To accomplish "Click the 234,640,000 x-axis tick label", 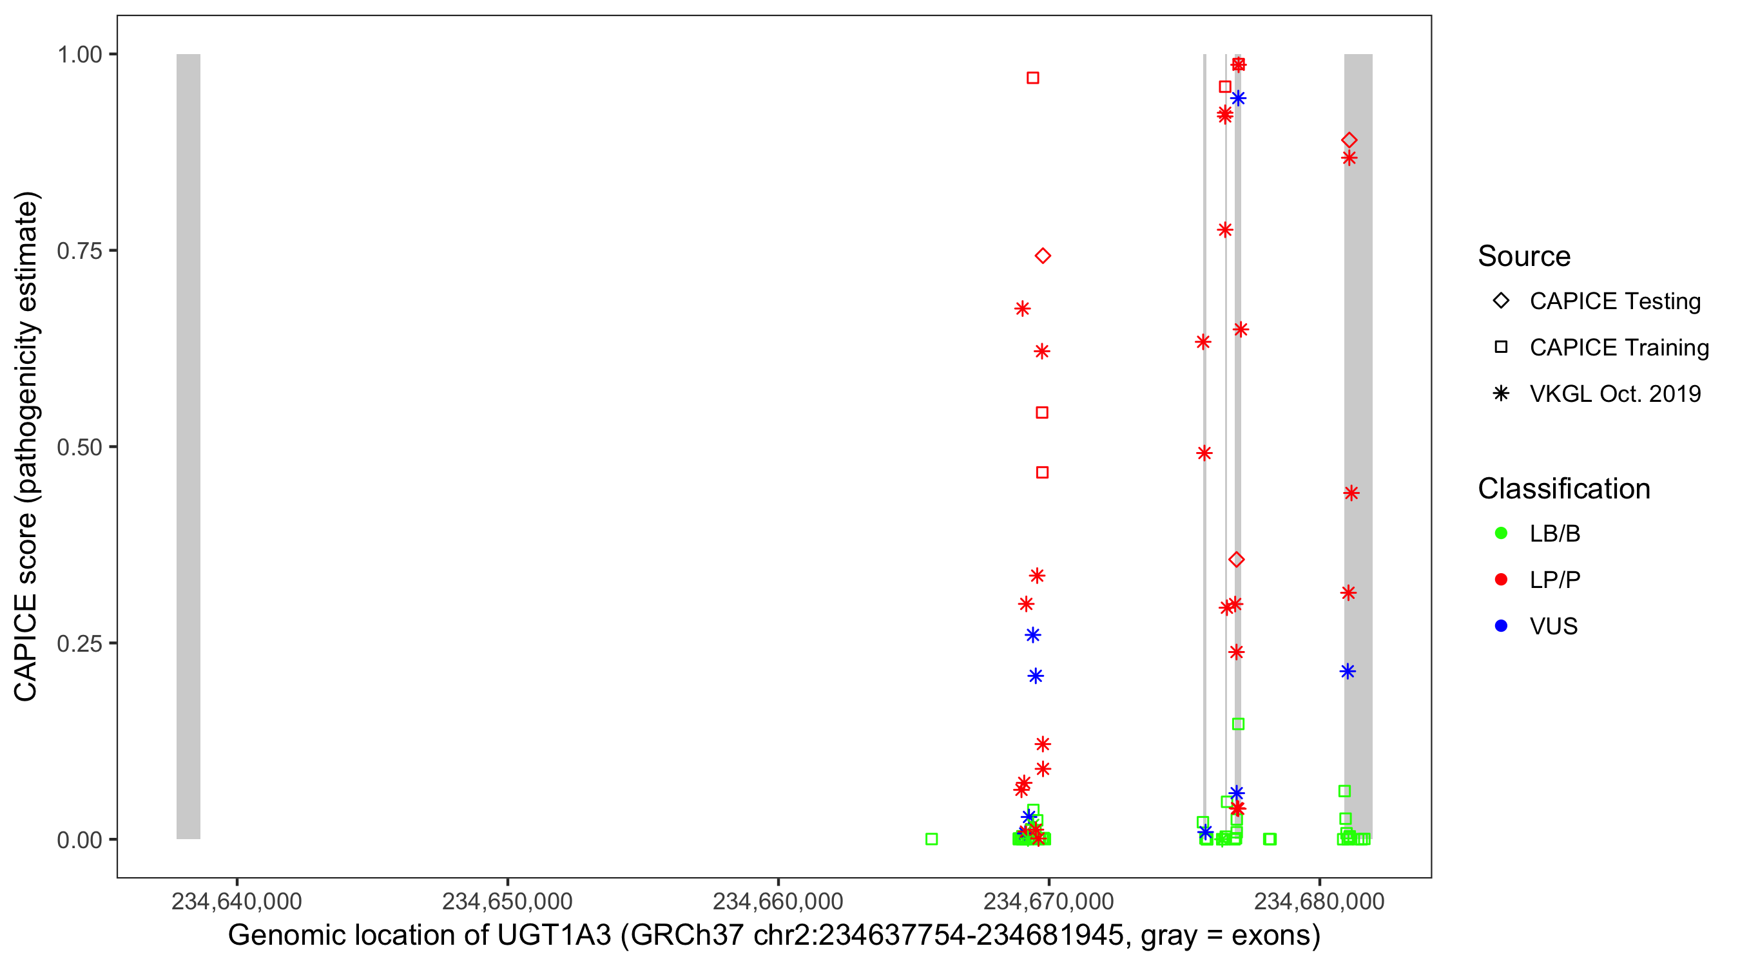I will [x=237, y=901].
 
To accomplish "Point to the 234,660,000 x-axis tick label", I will [x=778, y=901].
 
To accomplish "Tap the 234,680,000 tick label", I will [x=1319, y=901].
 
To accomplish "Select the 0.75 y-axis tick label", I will [x=79, y=251].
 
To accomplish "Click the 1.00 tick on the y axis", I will [x=79, y=55].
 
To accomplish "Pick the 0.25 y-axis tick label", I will [x=79, y=643].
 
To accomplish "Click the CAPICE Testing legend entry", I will [x=1615, y=301].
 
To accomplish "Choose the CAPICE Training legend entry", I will [x=1619, y=348].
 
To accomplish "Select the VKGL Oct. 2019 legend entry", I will [x=1615, y=393].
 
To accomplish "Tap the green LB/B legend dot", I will [x=1501, y=533].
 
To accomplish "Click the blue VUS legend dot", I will [x=1501, y=626].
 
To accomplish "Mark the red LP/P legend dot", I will [x=1501, y=580].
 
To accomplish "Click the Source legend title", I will [x=1524, y=256].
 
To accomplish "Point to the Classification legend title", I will [x=1563, y=489].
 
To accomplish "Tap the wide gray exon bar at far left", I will [x=188, y=446].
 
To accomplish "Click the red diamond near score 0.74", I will [x=1043, y=256].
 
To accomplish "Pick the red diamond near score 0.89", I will [x=1349, y=140].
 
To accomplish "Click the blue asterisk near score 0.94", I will [x=1237, y=99].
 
